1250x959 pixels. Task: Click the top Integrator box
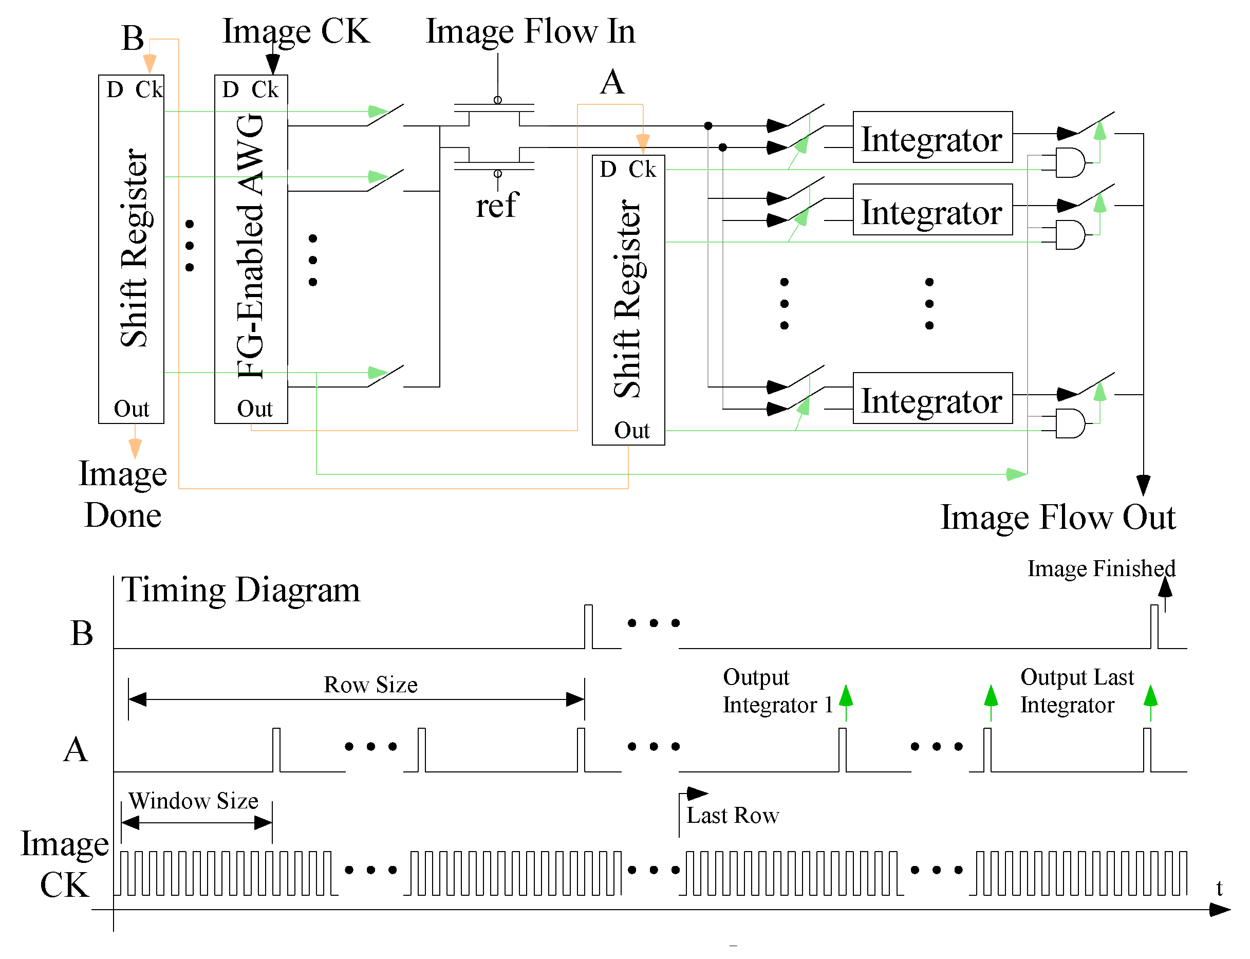[931, 138]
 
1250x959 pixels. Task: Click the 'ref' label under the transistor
[497, 205]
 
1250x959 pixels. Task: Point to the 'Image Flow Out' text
[1057, 517]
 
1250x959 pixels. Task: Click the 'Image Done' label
[123, 494]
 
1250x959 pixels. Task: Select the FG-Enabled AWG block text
[251, 247]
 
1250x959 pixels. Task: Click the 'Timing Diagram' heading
[241, 589]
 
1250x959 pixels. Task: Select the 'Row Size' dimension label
[370, 685]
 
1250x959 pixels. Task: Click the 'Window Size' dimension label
[193, 801]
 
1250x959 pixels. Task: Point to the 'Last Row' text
[732, 815]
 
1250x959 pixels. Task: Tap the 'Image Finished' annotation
[1100, 568]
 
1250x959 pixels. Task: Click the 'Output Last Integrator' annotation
[1076, 691]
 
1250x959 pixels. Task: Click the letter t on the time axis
[1219, 888]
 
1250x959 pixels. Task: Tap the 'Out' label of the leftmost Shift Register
[131, 409]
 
